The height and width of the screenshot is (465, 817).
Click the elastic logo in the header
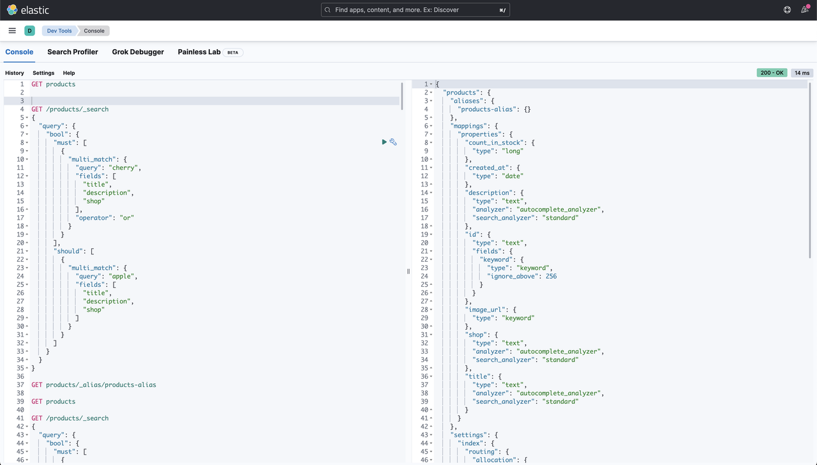(x=27, y=10)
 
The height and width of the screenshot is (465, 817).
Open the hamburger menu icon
(x=12, y=31)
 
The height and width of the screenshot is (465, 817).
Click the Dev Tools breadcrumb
(x=59, y=31)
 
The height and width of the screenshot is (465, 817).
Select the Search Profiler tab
(x=73, y=52)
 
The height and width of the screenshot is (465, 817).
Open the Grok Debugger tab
(x=138, y=52)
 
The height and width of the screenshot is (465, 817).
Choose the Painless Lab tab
(x=199, y=52)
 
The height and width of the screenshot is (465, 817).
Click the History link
(x=15, y=73)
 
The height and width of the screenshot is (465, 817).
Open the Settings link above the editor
(x=43, y=73)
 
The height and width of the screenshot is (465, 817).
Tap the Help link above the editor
(x=69, y=73)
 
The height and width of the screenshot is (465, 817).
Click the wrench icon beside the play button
(x=393, y=142)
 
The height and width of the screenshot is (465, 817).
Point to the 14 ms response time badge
(x=802, y=73)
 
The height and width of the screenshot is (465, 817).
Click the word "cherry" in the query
(x=124, y=168)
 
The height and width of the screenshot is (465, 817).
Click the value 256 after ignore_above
(x=551, y=277)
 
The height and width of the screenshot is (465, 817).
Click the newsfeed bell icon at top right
(x=805, y=10)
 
